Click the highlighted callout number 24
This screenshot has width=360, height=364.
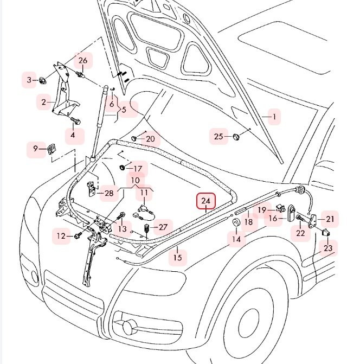coord(206,202)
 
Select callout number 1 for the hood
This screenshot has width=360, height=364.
coord(274,117)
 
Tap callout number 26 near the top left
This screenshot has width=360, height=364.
coord(30,81)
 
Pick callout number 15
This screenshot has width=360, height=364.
coord(178,257)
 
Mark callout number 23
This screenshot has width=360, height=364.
coord(329,248)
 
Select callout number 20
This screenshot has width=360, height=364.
coord(150,139)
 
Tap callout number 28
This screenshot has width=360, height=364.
coord(109,193)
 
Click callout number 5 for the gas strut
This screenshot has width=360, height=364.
coord(124,110)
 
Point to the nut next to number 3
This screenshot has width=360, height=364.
coord(42,81)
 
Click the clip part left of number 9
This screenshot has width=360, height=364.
coord(53,148)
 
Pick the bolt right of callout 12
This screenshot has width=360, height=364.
coord(78,235)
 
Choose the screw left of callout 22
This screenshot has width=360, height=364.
coord(299,219)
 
